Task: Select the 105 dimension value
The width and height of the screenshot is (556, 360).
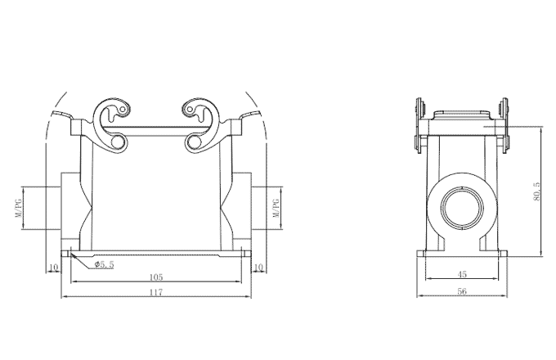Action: point(156,277)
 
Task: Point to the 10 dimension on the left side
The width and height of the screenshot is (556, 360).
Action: point(53,267)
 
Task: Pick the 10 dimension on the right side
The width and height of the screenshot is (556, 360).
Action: point(258,267)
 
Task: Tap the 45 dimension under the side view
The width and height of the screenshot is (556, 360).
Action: point(463,275)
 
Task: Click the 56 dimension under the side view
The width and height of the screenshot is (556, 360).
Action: point(463,291)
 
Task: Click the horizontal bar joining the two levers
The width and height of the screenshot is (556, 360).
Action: point(156,128)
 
